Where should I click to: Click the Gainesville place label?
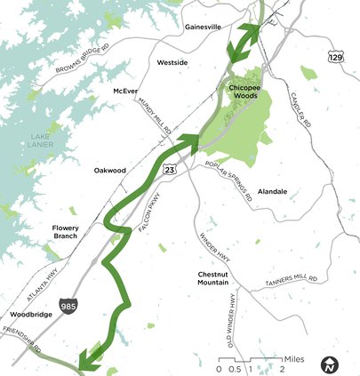tap(203, 27)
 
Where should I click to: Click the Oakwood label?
tap(110, 170)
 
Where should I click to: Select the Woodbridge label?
tap(32, 315)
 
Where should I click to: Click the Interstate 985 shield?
tap(69, 307)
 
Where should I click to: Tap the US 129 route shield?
tap(335, 57)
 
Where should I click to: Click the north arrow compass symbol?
tap(330, 364)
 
